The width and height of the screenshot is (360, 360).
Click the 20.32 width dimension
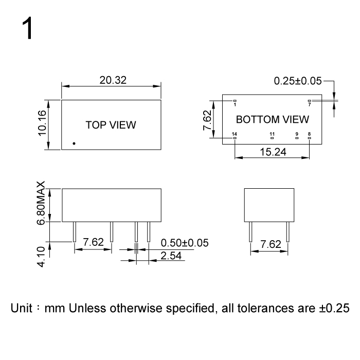tap(113, 80)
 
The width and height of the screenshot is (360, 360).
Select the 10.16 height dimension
tap(42, 123)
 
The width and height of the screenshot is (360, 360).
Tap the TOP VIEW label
tap(111, 125)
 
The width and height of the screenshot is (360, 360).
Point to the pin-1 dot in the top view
tap(74, 143)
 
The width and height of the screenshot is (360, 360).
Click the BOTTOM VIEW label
tap(273, 119)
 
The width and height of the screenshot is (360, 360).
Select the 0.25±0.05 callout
tap(298, 81)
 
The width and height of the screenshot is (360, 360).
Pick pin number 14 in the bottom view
tap(234, 134)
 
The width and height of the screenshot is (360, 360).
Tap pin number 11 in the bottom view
tap(272, 134)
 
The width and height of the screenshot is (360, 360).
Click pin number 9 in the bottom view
tap(297, 134)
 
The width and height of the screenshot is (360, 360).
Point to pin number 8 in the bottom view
tap(309, 134)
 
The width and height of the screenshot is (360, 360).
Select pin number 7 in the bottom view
tap(310, 105)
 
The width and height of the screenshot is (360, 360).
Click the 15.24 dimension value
tap(273, 152)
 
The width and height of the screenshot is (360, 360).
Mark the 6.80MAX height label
tap(41, 203)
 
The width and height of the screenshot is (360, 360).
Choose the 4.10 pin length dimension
tap(41, 257)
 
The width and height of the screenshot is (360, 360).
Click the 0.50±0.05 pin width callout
tap(185, 243)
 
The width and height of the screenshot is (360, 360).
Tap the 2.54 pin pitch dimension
tap(171, 256)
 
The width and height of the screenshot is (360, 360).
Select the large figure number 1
tap(27, 28)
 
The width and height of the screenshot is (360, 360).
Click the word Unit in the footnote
tap(22, 308)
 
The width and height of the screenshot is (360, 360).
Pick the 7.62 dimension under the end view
tap(271, 244)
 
